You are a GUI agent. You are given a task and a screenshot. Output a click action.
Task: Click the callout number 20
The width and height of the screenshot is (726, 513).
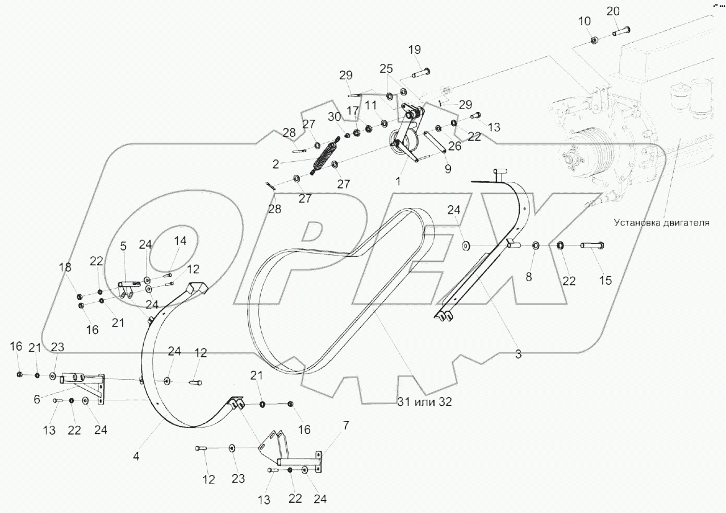613,11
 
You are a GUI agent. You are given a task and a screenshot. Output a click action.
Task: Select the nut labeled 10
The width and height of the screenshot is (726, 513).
594,40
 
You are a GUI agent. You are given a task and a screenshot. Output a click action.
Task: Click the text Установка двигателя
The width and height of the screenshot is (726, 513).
661,223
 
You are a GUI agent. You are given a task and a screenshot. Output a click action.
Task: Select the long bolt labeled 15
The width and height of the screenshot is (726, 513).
592,245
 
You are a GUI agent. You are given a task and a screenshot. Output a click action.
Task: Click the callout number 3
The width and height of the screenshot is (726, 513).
518,354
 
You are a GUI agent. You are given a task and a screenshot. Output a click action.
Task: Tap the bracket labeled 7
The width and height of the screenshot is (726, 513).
298,456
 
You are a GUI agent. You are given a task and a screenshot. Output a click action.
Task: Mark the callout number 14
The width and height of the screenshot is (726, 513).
180,240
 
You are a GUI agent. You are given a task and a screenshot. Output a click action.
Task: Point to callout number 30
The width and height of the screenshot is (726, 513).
335,115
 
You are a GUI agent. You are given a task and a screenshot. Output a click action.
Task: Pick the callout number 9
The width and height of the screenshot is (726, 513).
448,169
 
